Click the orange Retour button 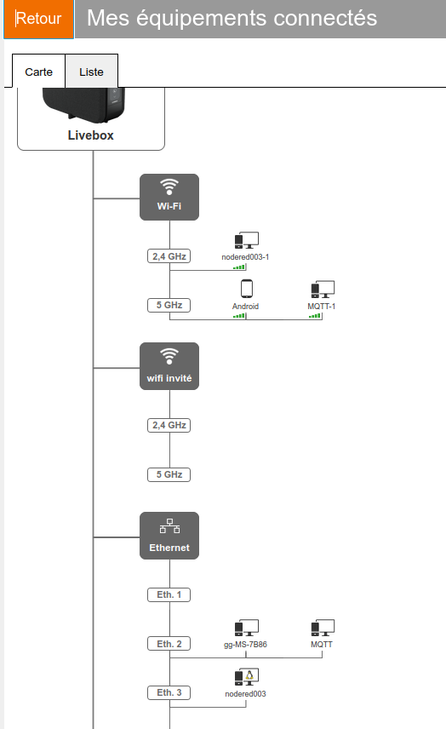38,19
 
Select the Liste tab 92,72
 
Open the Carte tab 38,72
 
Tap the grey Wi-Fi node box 169,197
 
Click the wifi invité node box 169,366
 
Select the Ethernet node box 169,536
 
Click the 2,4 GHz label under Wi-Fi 169,256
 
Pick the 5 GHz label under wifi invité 169,474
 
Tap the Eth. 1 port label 169,594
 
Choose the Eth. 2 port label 169,644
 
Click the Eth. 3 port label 169,692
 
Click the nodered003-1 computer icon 246,240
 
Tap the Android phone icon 247,288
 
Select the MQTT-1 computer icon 323,290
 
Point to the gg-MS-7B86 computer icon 246,628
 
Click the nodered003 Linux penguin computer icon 246,677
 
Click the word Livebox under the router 90,135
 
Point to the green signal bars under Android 239,316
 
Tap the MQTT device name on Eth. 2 322,645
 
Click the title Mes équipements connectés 232,19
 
